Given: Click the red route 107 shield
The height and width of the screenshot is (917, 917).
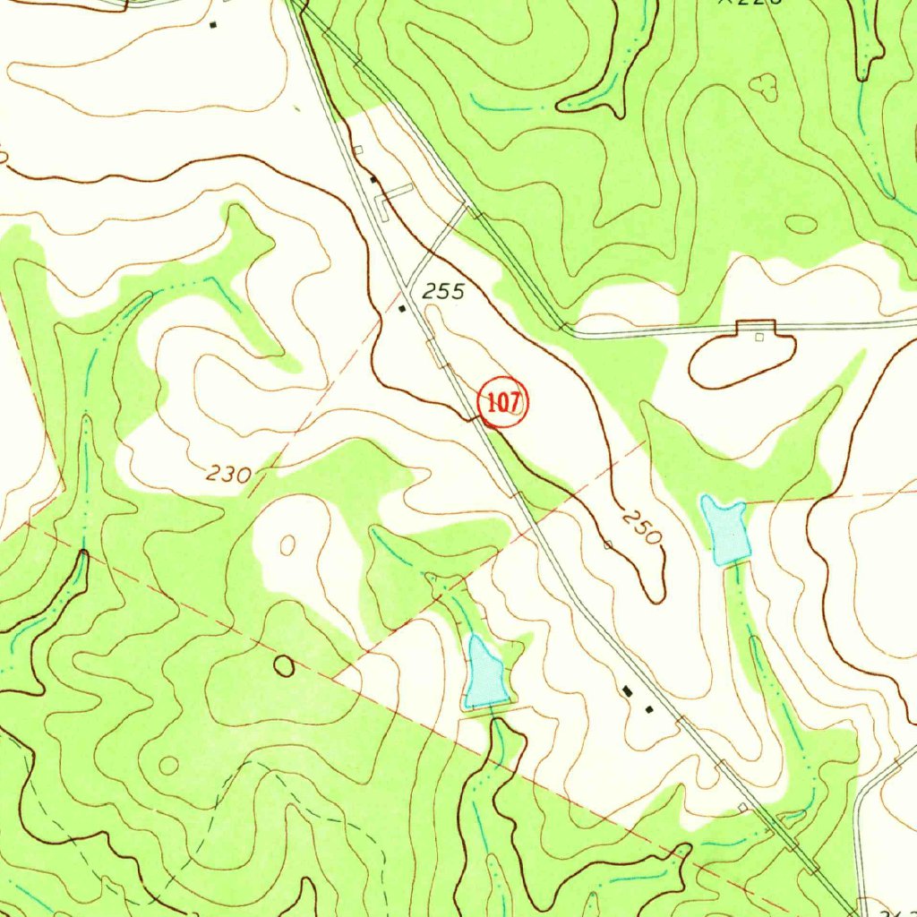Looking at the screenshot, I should [503, 403].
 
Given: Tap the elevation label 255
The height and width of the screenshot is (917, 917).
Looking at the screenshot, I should [444, 291].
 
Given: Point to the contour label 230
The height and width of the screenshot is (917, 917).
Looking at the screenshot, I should [227, 474].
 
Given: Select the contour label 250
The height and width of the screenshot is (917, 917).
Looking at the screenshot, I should [643, 527].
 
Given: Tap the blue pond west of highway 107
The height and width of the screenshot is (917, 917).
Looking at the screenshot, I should [485, 674].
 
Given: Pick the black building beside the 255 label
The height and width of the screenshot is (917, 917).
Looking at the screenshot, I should [402, 309].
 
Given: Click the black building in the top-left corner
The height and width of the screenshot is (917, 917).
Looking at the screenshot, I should [212, 25].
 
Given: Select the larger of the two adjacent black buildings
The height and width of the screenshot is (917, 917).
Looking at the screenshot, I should [628, 690].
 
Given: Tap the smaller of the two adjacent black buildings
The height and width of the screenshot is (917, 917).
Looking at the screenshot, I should [649, 709].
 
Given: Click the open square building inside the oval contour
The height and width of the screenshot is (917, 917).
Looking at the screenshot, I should [759, 338].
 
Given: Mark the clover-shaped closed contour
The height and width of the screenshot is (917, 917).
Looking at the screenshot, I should [763, 87].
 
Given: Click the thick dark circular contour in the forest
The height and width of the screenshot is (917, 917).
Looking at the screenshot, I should [284, 665].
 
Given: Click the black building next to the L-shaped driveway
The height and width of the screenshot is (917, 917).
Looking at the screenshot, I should [373, 180].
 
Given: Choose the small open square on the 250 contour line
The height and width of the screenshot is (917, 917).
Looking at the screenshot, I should [608, 544].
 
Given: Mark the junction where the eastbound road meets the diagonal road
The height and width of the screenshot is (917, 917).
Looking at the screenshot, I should [564, 328].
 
